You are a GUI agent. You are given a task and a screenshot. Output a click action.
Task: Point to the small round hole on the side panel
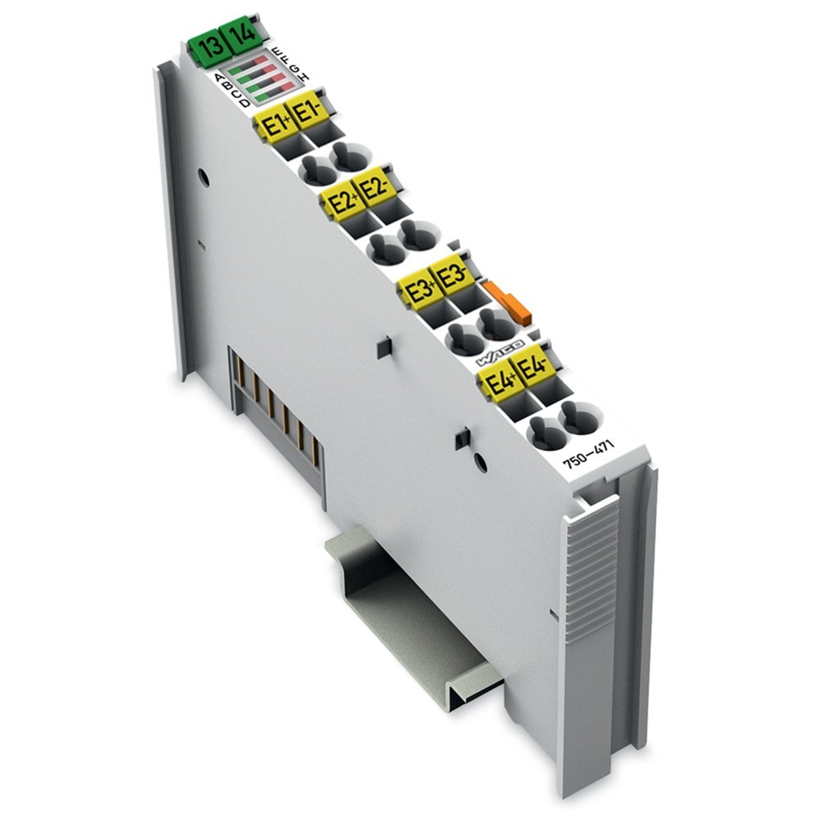point(204,177)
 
